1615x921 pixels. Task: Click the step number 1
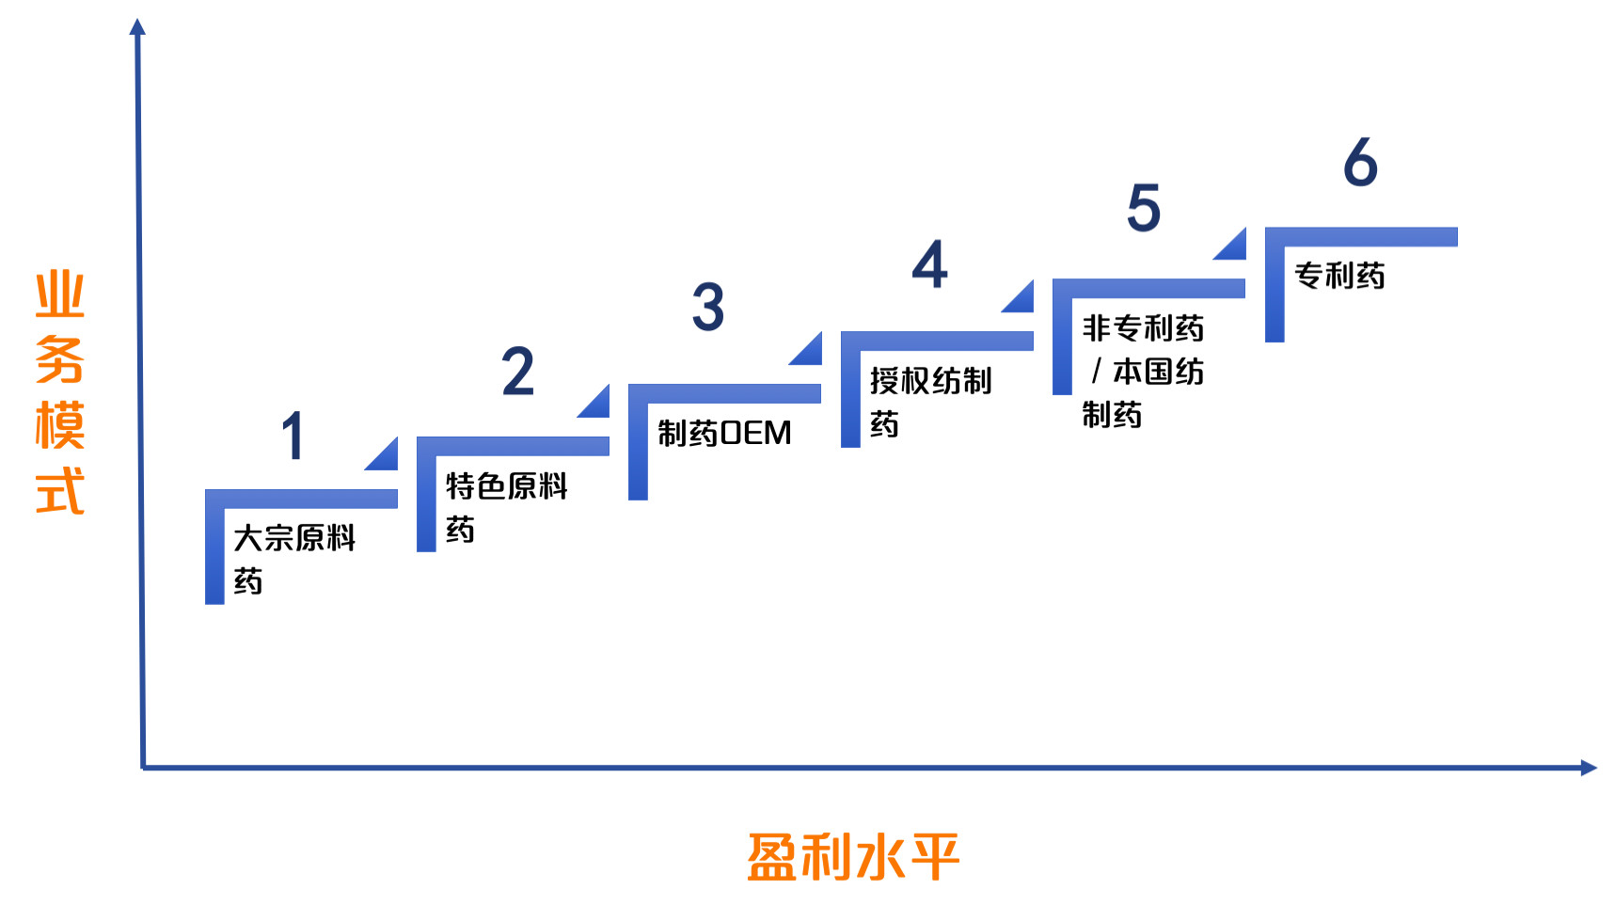[293, 435]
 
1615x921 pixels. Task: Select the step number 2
[517, 371]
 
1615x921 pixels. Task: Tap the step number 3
[708, 307]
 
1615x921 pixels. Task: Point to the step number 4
[929, 264]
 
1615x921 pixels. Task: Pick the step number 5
[1144, 208]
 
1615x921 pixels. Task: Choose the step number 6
[1360, 162]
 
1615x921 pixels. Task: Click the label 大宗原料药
[293, 559]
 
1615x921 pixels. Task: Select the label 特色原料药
[506, 507]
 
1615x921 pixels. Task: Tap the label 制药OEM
[724, 433]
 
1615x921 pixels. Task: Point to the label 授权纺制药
[929, 402]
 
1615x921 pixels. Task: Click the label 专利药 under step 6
[1339, 276]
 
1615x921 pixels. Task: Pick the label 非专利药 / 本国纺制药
[1142, 371]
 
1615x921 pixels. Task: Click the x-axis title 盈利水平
[852, 857]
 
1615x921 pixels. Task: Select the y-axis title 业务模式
[59, 392]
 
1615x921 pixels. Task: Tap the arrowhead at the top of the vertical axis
[137, 26]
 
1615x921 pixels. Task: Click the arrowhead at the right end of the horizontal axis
[1589, 768]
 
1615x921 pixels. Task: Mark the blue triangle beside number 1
[386, 457]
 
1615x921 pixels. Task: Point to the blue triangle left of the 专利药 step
[1233, 246]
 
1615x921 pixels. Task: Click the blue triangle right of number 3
[809, 352]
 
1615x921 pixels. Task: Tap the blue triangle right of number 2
[596, 405]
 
